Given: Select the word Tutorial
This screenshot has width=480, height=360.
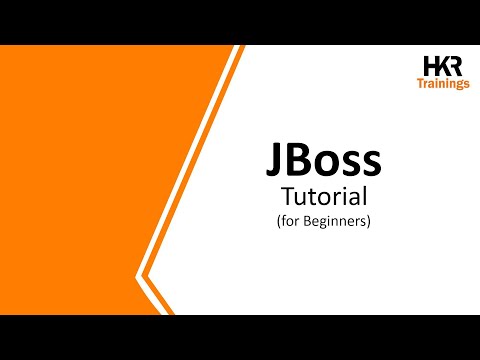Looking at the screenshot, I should (323, 195).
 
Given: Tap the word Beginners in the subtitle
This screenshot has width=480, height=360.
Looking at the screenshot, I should (332, 221).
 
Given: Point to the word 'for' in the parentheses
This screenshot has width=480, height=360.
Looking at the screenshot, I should (290, 221).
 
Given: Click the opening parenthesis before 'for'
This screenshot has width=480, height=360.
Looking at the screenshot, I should (278, 221).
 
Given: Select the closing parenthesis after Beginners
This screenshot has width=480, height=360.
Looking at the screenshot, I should (369, 221).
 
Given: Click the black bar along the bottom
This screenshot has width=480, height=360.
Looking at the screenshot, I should (240, 337).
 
